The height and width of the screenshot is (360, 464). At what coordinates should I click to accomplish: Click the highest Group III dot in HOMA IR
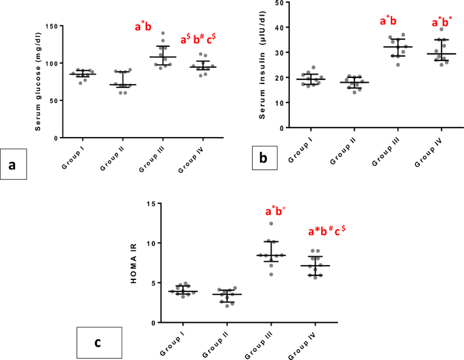272,224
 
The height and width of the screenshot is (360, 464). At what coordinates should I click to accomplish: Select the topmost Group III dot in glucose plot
162,33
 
